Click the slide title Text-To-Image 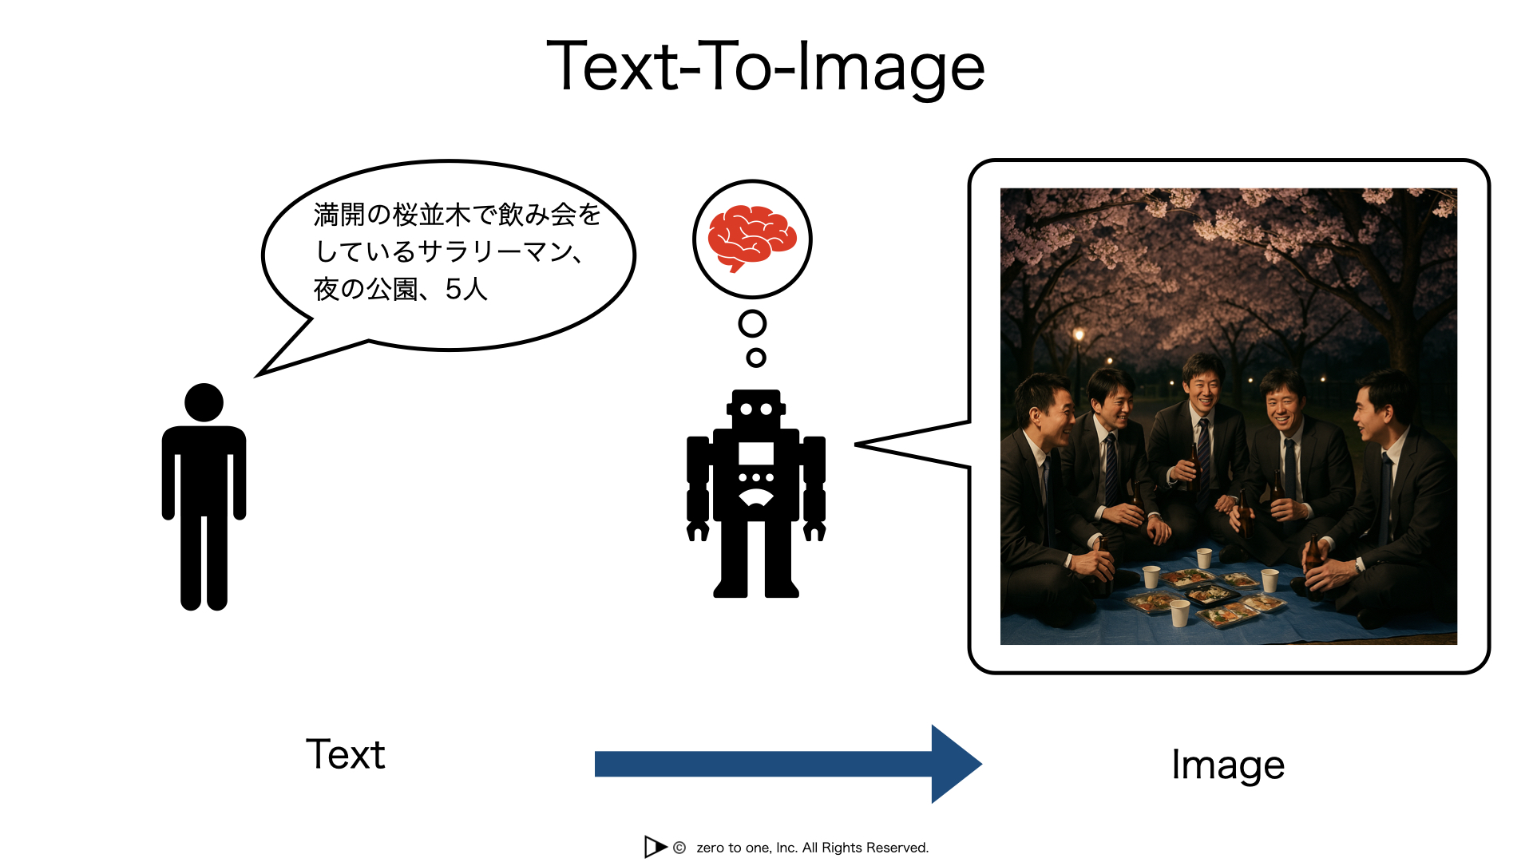pyautogui.click(x=765, y=67)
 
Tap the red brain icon pyautogui.click(x=752, y=238)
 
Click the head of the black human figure pyautogui.click(x=204, y=402)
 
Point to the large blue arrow pyautogui.click(x=788, y=764)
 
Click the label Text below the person pyautogui.click(x=346, y=754)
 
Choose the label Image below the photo pyautogui.click(x=1228, y=765)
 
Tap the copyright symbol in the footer pyautogui.click(x=679, y=848)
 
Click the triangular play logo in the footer pyautogui.click(x=656, y=847)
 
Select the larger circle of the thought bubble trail pyautogui.click(x=752, y=323)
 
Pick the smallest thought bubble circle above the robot pyautogui.click(x=756, y=358)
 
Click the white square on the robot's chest pyautogui.click(x=756, y=453)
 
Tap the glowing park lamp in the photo pyautogui.click(x=1079, y=334)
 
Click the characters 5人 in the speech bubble pyautogui.click(x=466, y=289)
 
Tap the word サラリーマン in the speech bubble pyautogui.click(x=494, y=251)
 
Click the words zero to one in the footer pyautogui.click(x=734, y=848)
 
